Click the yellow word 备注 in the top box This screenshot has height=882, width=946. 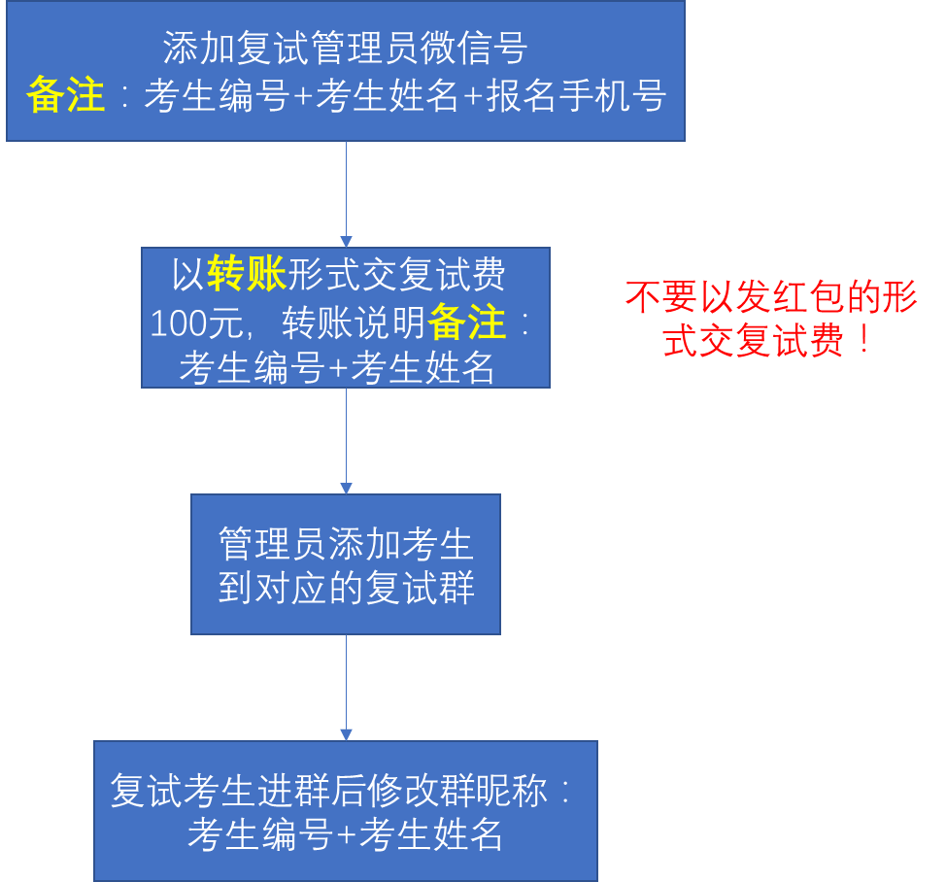point(66,96)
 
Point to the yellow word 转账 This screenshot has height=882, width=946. point(247,276)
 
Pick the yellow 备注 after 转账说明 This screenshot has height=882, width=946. point(467,323)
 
